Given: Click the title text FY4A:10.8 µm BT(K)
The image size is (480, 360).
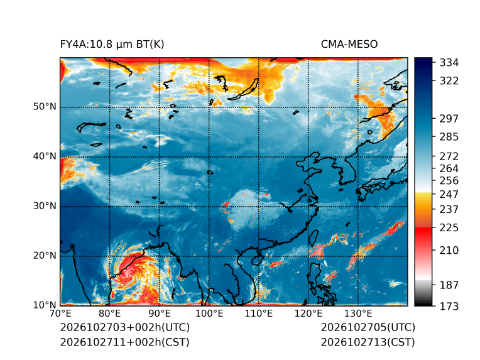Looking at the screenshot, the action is click(x=112, y=45).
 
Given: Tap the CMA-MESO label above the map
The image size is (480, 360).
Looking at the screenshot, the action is click(x=349, y=45).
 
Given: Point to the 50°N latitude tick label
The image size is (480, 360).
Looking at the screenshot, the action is click(x=45, y=107).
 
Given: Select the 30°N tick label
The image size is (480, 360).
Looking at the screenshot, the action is click(x=45, y=205).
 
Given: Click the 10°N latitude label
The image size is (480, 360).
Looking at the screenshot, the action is click(x=45, y=305).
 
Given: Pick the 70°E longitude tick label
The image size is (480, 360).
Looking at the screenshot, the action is click(x=60, y=314).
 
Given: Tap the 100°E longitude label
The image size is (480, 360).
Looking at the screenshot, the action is click(x=209, y=314).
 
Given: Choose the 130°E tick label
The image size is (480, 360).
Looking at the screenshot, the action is click(x=358, y=314).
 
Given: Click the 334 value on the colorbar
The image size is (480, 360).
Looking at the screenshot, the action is click(x=449, y=63).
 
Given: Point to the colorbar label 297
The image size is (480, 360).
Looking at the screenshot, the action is click(x=449, y=119).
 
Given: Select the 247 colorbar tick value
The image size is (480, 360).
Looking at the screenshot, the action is click(x=449, y=194).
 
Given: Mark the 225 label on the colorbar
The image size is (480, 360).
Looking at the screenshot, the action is click(x=449, y=228).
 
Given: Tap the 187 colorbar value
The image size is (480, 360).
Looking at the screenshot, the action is click(x=449, y=285).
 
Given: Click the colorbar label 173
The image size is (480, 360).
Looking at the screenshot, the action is click(x=449, y=306).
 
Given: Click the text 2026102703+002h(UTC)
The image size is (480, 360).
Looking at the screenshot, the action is click(x=125, y=327).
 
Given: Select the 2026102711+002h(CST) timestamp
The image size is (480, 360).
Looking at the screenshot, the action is click(x=124, y=342).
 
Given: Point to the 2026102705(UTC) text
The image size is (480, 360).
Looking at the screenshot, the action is click(x=368, y=327).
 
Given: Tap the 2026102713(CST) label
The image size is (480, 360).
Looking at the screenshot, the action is click(x=368, y=342).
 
